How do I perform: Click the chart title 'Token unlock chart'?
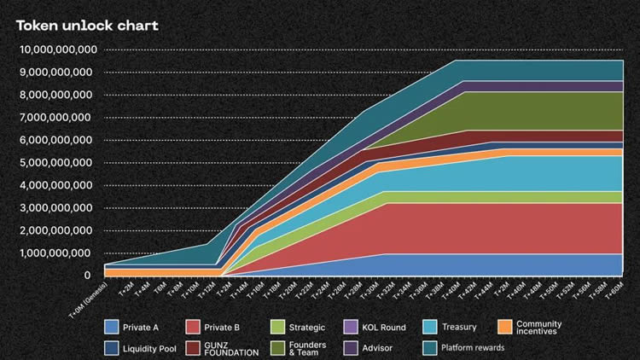[88, 26]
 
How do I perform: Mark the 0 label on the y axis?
[86, 276]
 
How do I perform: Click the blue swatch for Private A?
[110, 327]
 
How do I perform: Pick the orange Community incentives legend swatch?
[505, 327]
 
